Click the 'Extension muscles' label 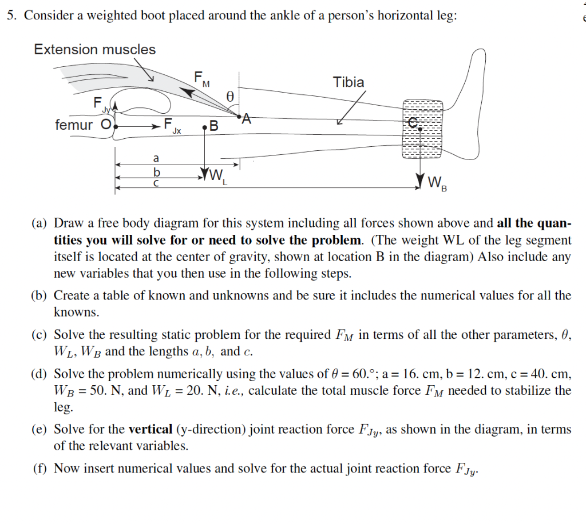click(x=94, y=50)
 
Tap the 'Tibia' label click(x=349, y=82)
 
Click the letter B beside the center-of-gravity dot click(x=214, y=126)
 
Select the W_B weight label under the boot click(x=437, y=184)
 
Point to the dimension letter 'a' click(x=155, y=158)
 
